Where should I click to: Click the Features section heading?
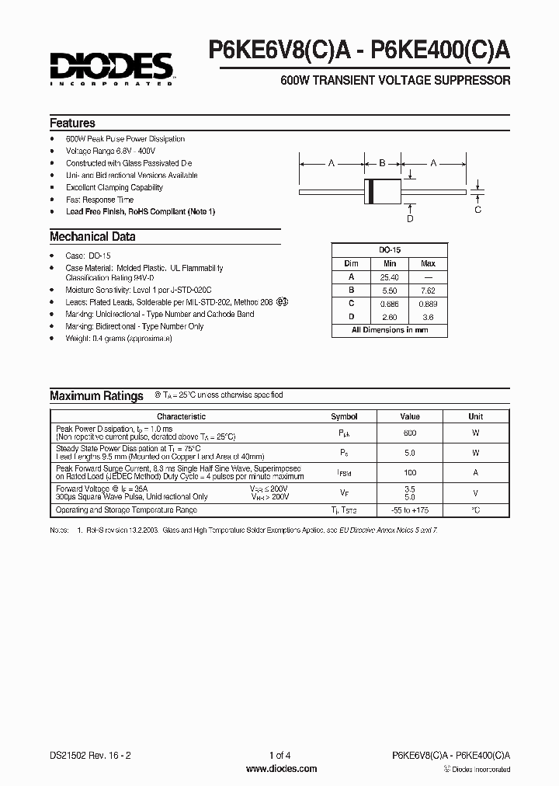[x=72, y=123]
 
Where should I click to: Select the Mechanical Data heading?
[x=92, y=237]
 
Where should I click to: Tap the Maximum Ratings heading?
[x=96, y=396]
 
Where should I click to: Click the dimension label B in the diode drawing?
[x=382, y=163]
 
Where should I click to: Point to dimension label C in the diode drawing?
[x=477, y=210]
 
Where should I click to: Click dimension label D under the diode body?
[x=410, y=218]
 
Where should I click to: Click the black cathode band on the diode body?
[x=370, y=190]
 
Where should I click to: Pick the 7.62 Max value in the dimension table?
[x=428, y=290]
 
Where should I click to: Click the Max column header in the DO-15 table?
[x=428, y=263]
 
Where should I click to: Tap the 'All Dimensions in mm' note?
[x=390, y=330]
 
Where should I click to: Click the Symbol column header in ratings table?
[x=344, y=417]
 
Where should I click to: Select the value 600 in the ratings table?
[x=410, y=433]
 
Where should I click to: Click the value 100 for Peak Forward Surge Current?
[x=410, y=473]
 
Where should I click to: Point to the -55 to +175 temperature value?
[x=410, y=510]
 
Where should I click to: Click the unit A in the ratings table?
[x=475, y=473]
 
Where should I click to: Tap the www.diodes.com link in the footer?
[x=280, y=769]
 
